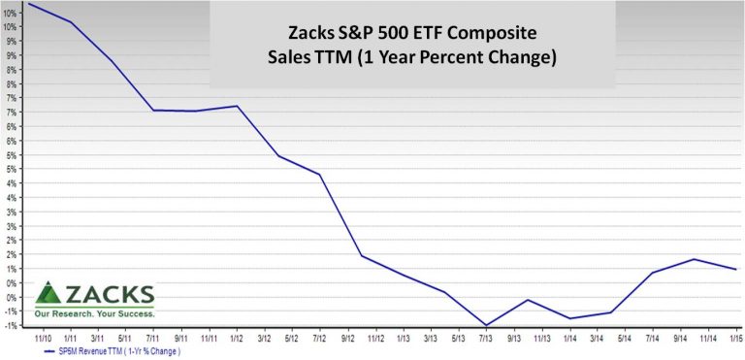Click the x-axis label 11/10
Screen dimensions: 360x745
(x=43, y=339)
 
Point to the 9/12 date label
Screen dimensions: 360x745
(x=346, y=339)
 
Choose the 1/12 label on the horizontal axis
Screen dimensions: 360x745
(x=236, y=339)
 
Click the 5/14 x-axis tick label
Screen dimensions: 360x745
(x=624, y=339)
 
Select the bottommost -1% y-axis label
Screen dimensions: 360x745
(x=11, y=325)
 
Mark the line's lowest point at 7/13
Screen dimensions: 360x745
(x=485, y=325)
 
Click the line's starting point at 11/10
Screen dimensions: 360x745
(x=29, y=4)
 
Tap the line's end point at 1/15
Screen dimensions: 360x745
(x=736, y=269)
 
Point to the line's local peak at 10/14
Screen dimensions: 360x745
(x=694, y=259)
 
